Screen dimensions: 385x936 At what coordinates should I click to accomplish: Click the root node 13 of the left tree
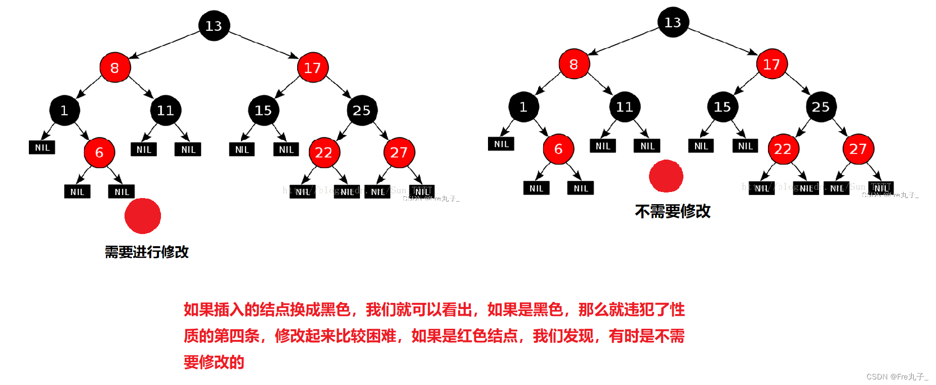[214, 26]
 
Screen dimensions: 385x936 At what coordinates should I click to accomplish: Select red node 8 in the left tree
[115, 67]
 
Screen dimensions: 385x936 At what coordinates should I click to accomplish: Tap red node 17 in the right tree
[771, 64]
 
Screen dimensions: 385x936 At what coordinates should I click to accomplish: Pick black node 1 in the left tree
[64, 110]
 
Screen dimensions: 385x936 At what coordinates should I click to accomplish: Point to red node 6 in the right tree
[558, 149]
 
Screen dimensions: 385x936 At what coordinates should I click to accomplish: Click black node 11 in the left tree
[166, 110]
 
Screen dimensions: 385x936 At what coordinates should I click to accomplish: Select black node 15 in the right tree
[722, 107]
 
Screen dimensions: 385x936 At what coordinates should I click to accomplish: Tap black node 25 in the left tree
[361, 110]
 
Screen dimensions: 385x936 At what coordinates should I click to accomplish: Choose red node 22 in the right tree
[783, 149]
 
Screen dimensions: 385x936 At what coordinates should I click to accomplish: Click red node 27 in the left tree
[399, 152]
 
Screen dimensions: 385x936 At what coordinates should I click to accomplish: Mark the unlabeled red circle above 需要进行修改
[143, 216]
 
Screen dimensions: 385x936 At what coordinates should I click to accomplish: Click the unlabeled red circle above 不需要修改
[666, 176]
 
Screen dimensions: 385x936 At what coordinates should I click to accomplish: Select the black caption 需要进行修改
[147, 252]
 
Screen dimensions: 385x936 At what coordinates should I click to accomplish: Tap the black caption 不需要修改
[673, 211]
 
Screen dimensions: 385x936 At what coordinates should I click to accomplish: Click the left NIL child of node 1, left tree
[42, 147]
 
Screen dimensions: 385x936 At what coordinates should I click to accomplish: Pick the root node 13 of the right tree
[673, 22]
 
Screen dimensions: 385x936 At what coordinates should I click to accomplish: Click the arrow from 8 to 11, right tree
[600, 84]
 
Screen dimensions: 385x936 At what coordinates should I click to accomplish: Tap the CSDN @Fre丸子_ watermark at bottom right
[897, 376]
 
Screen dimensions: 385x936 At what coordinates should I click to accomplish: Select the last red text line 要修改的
[214, 362]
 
